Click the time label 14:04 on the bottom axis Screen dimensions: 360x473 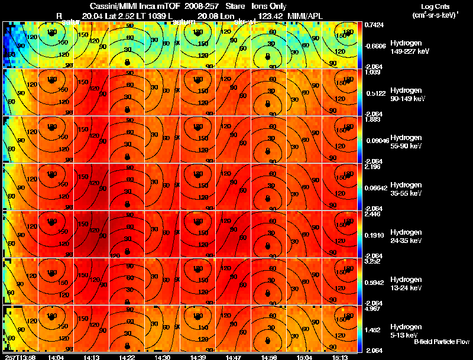pos(56,356)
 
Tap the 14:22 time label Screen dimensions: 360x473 pos(127,356)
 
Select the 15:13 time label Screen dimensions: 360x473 pos(340,356)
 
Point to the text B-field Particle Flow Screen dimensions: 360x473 pos(442,342)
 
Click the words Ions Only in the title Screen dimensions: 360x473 pos(269,6)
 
